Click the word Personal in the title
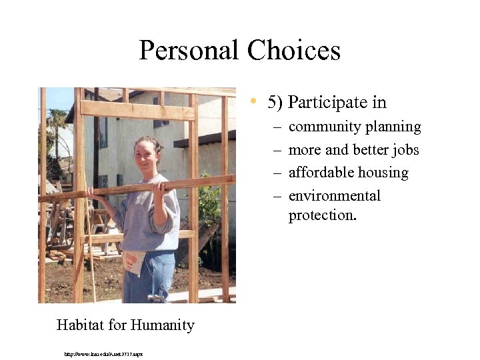189,51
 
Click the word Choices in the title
293,51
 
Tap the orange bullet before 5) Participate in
254,102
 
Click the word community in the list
321,127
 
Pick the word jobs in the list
405,150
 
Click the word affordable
320,173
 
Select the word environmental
335,196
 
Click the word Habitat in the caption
79,325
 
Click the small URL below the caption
103,353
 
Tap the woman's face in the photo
146,155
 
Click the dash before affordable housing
277,173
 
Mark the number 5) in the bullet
275,103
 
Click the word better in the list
371,150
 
